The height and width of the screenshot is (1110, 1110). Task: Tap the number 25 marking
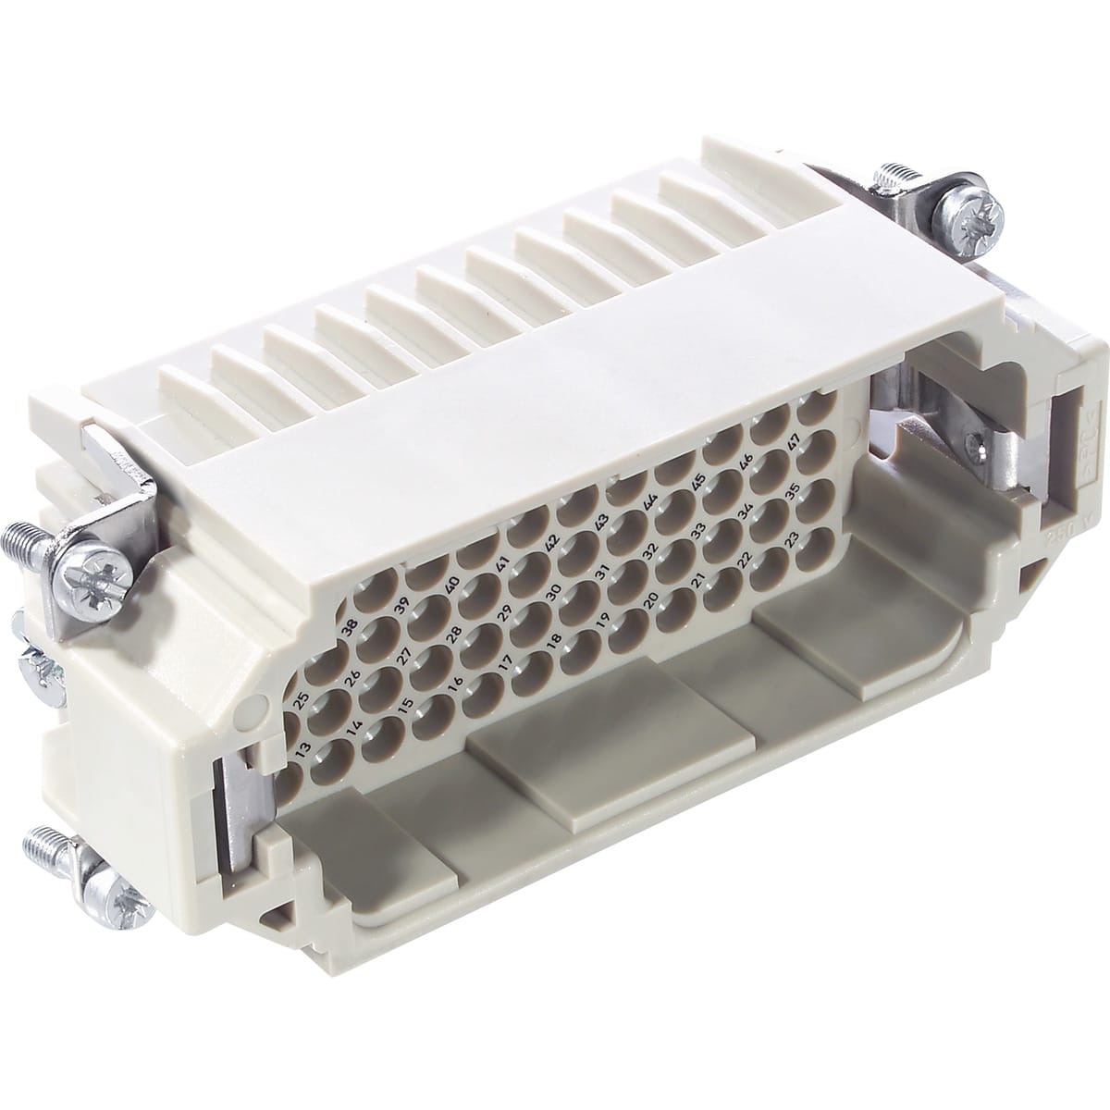300,697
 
